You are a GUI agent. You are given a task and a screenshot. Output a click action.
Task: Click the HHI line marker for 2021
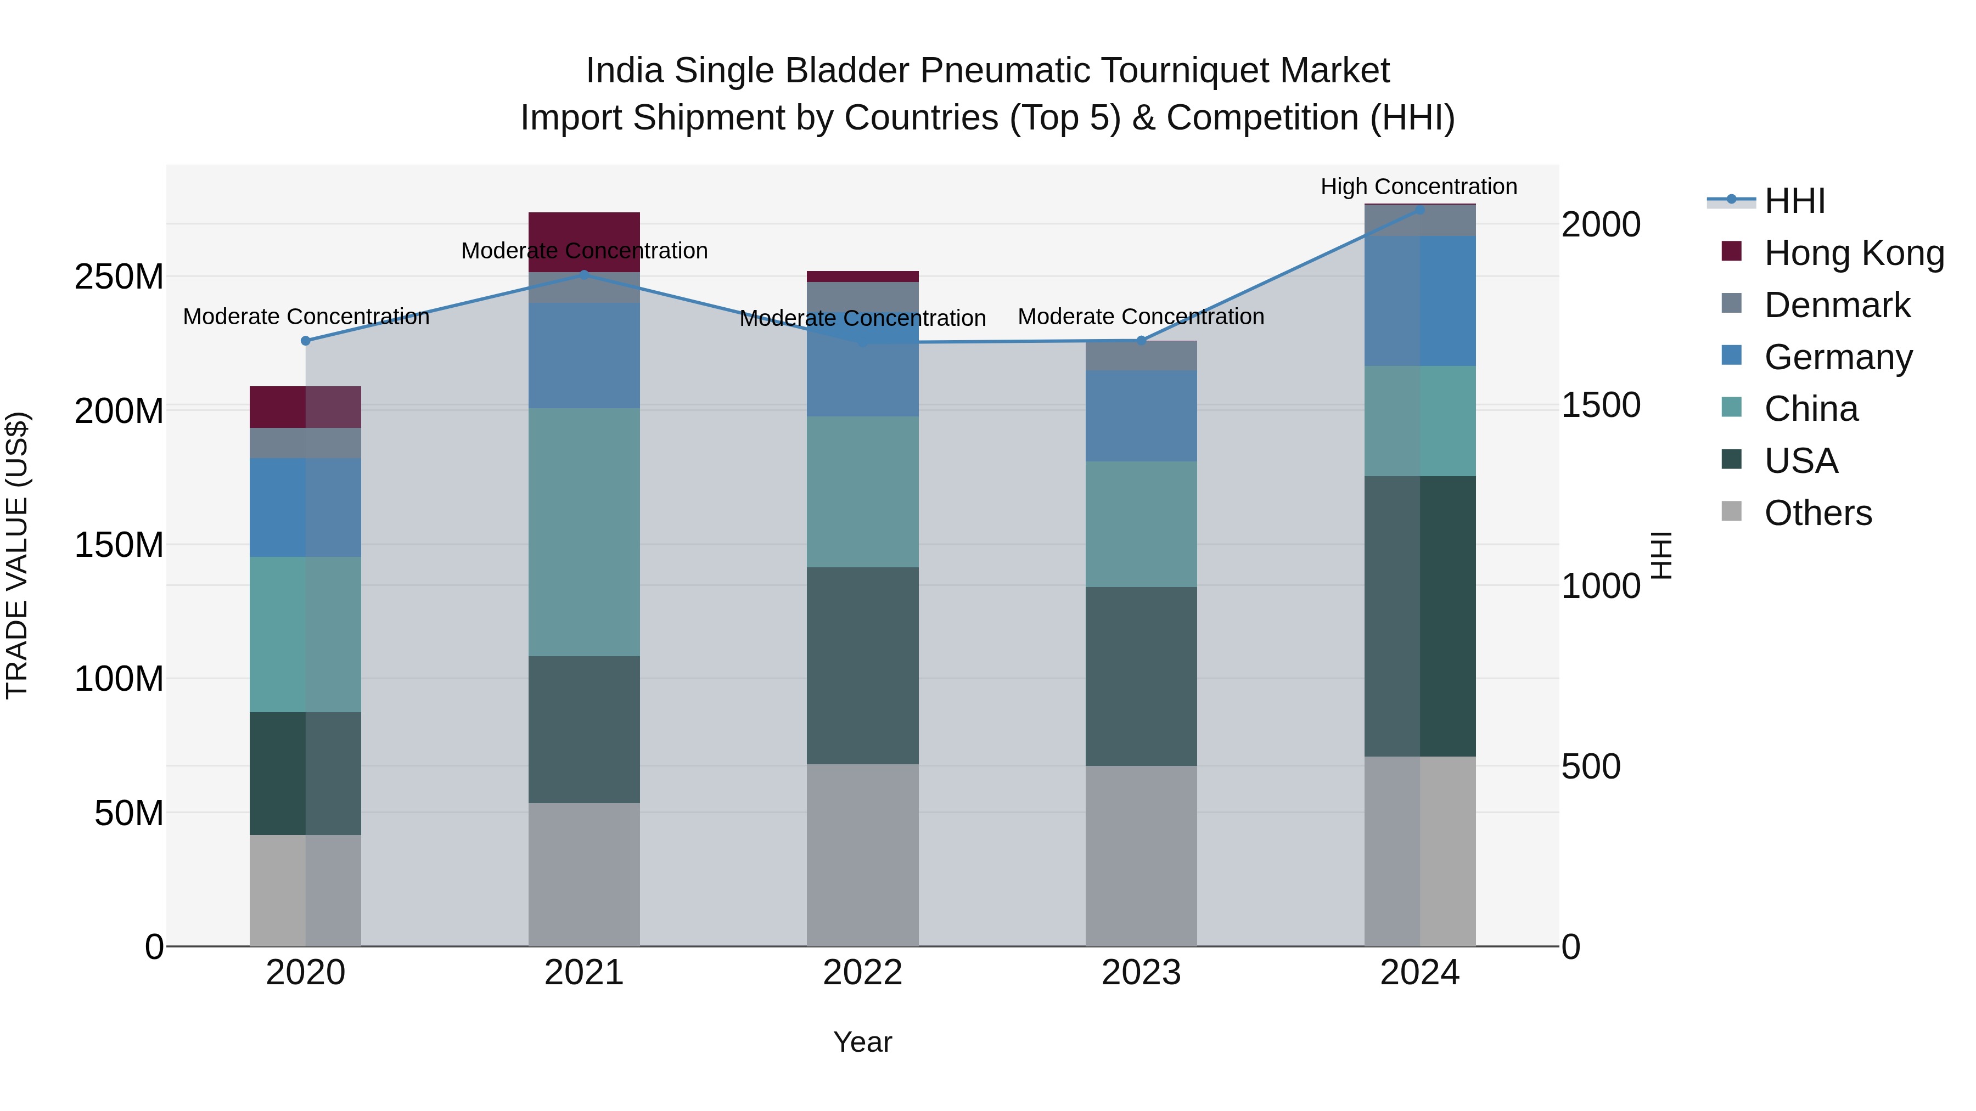click(x=584, y=274)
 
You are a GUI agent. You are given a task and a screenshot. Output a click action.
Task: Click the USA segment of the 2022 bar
click(x=862, y=665)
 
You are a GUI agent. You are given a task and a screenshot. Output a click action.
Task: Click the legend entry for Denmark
click(x=1837, y=305)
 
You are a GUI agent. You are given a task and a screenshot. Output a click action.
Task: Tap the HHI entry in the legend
click(x=1794, y=201)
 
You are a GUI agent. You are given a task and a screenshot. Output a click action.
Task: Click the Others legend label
click(x=1818, y=513)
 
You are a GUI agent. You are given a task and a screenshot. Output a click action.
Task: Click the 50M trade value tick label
click(x=129, y=813)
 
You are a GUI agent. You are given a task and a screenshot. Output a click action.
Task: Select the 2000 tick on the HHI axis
click(x=1601, y=224)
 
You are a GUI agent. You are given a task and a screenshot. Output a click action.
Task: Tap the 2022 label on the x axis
click(x=862, y=973)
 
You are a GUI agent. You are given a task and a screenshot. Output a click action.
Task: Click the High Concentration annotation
click(x=1418, y=187)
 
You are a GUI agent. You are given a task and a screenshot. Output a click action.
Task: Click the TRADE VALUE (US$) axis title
click(x=17, y=555)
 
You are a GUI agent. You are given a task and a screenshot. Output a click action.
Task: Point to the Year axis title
click(x=862, y=1042)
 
